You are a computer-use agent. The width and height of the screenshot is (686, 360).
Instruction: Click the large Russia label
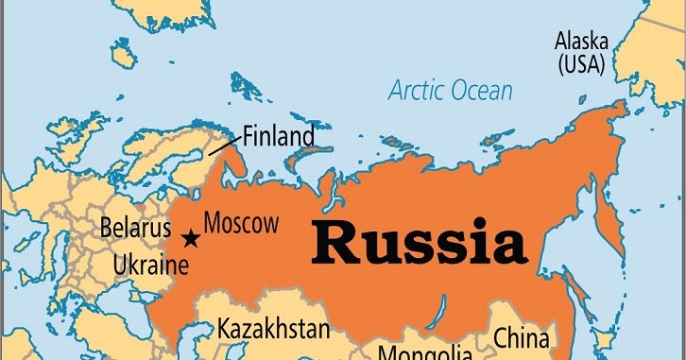420,245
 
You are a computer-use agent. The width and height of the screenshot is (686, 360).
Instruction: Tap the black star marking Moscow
191,237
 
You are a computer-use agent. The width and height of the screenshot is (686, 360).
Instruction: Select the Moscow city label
242,224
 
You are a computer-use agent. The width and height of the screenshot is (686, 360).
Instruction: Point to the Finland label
278,136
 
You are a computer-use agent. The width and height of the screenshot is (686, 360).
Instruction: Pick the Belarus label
136,229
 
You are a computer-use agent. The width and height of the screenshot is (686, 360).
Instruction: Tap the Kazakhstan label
274,329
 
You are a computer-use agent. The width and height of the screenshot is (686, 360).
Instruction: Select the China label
521,337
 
